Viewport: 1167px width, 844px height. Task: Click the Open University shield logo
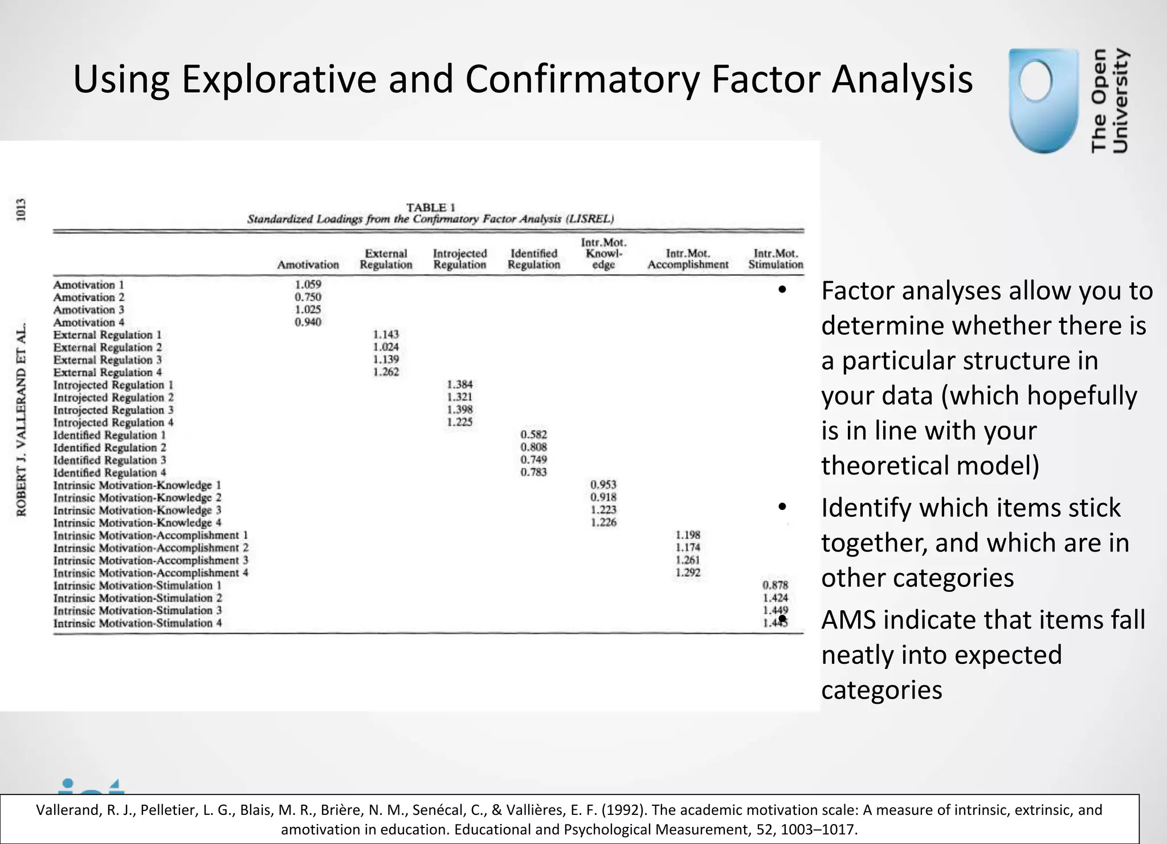click(x=1043, y=101)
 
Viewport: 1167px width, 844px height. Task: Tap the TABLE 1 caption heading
click(x=430, y=208)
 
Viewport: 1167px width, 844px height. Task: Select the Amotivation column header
click(x=308, y=265)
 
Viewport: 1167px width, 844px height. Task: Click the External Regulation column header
click(x=386, y=259)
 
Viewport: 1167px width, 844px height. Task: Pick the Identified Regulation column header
click(x=534, y=259)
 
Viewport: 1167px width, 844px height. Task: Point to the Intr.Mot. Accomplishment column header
click(x=688, y=259)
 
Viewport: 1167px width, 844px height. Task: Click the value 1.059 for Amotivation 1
click(x=308, y=285)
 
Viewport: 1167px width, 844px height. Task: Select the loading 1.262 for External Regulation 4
click(x=386, y=372)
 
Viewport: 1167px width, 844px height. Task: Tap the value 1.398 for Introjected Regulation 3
click(x=460, y=410)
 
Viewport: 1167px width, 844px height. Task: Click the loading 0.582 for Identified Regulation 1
click(x=533, y=435)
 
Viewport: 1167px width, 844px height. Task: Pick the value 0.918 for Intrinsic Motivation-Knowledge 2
click(x=603, y=497)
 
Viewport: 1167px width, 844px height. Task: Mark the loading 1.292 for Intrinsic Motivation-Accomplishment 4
click(x=688, y=573)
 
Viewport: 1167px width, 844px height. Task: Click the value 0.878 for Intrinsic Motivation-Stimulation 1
click(x=775, y=585)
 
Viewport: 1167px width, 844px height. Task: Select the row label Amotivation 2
click(x=89, y=297)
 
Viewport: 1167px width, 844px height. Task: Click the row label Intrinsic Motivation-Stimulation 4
click(x=137, y=623)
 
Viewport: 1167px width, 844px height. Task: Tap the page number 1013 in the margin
click(x=21, y=210)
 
